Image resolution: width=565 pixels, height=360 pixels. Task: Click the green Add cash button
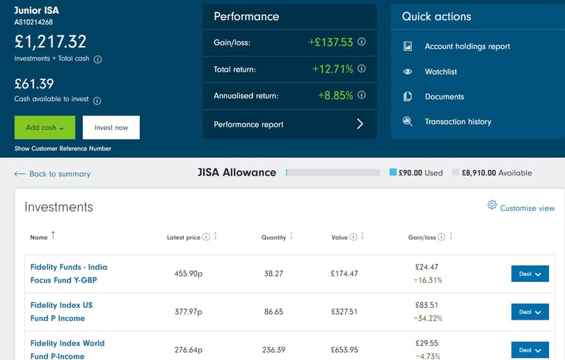pos(44,127)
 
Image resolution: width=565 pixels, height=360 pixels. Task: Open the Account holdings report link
pos(467,47)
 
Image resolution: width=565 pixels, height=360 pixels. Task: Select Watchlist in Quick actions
pos(440,72)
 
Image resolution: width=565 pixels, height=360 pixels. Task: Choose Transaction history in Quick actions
pos(458,122)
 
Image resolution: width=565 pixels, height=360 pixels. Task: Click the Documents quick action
pos(444,97)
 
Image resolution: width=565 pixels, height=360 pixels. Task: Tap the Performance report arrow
pos(360,124)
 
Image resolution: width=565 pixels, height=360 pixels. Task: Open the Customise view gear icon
pos(492,205)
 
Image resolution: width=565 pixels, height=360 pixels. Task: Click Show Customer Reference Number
pos(63,148)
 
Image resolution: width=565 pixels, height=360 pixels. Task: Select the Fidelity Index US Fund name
pos(61,311)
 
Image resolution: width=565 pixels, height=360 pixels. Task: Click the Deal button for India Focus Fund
pos(530,274)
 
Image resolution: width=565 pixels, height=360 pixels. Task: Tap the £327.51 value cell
pos(344,312)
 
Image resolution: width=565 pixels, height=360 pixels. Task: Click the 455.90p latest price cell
pos(188,274)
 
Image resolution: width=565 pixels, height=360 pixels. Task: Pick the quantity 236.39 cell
pos(273,350)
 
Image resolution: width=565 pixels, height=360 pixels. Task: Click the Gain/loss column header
pos(422,237)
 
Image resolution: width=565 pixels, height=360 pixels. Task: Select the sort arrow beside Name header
pos(54,236)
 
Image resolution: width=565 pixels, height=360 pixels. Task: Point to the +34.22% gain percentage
pos(428,318)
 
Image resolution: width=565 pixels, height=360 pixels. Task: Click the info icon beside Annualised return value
pos(362,95)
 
